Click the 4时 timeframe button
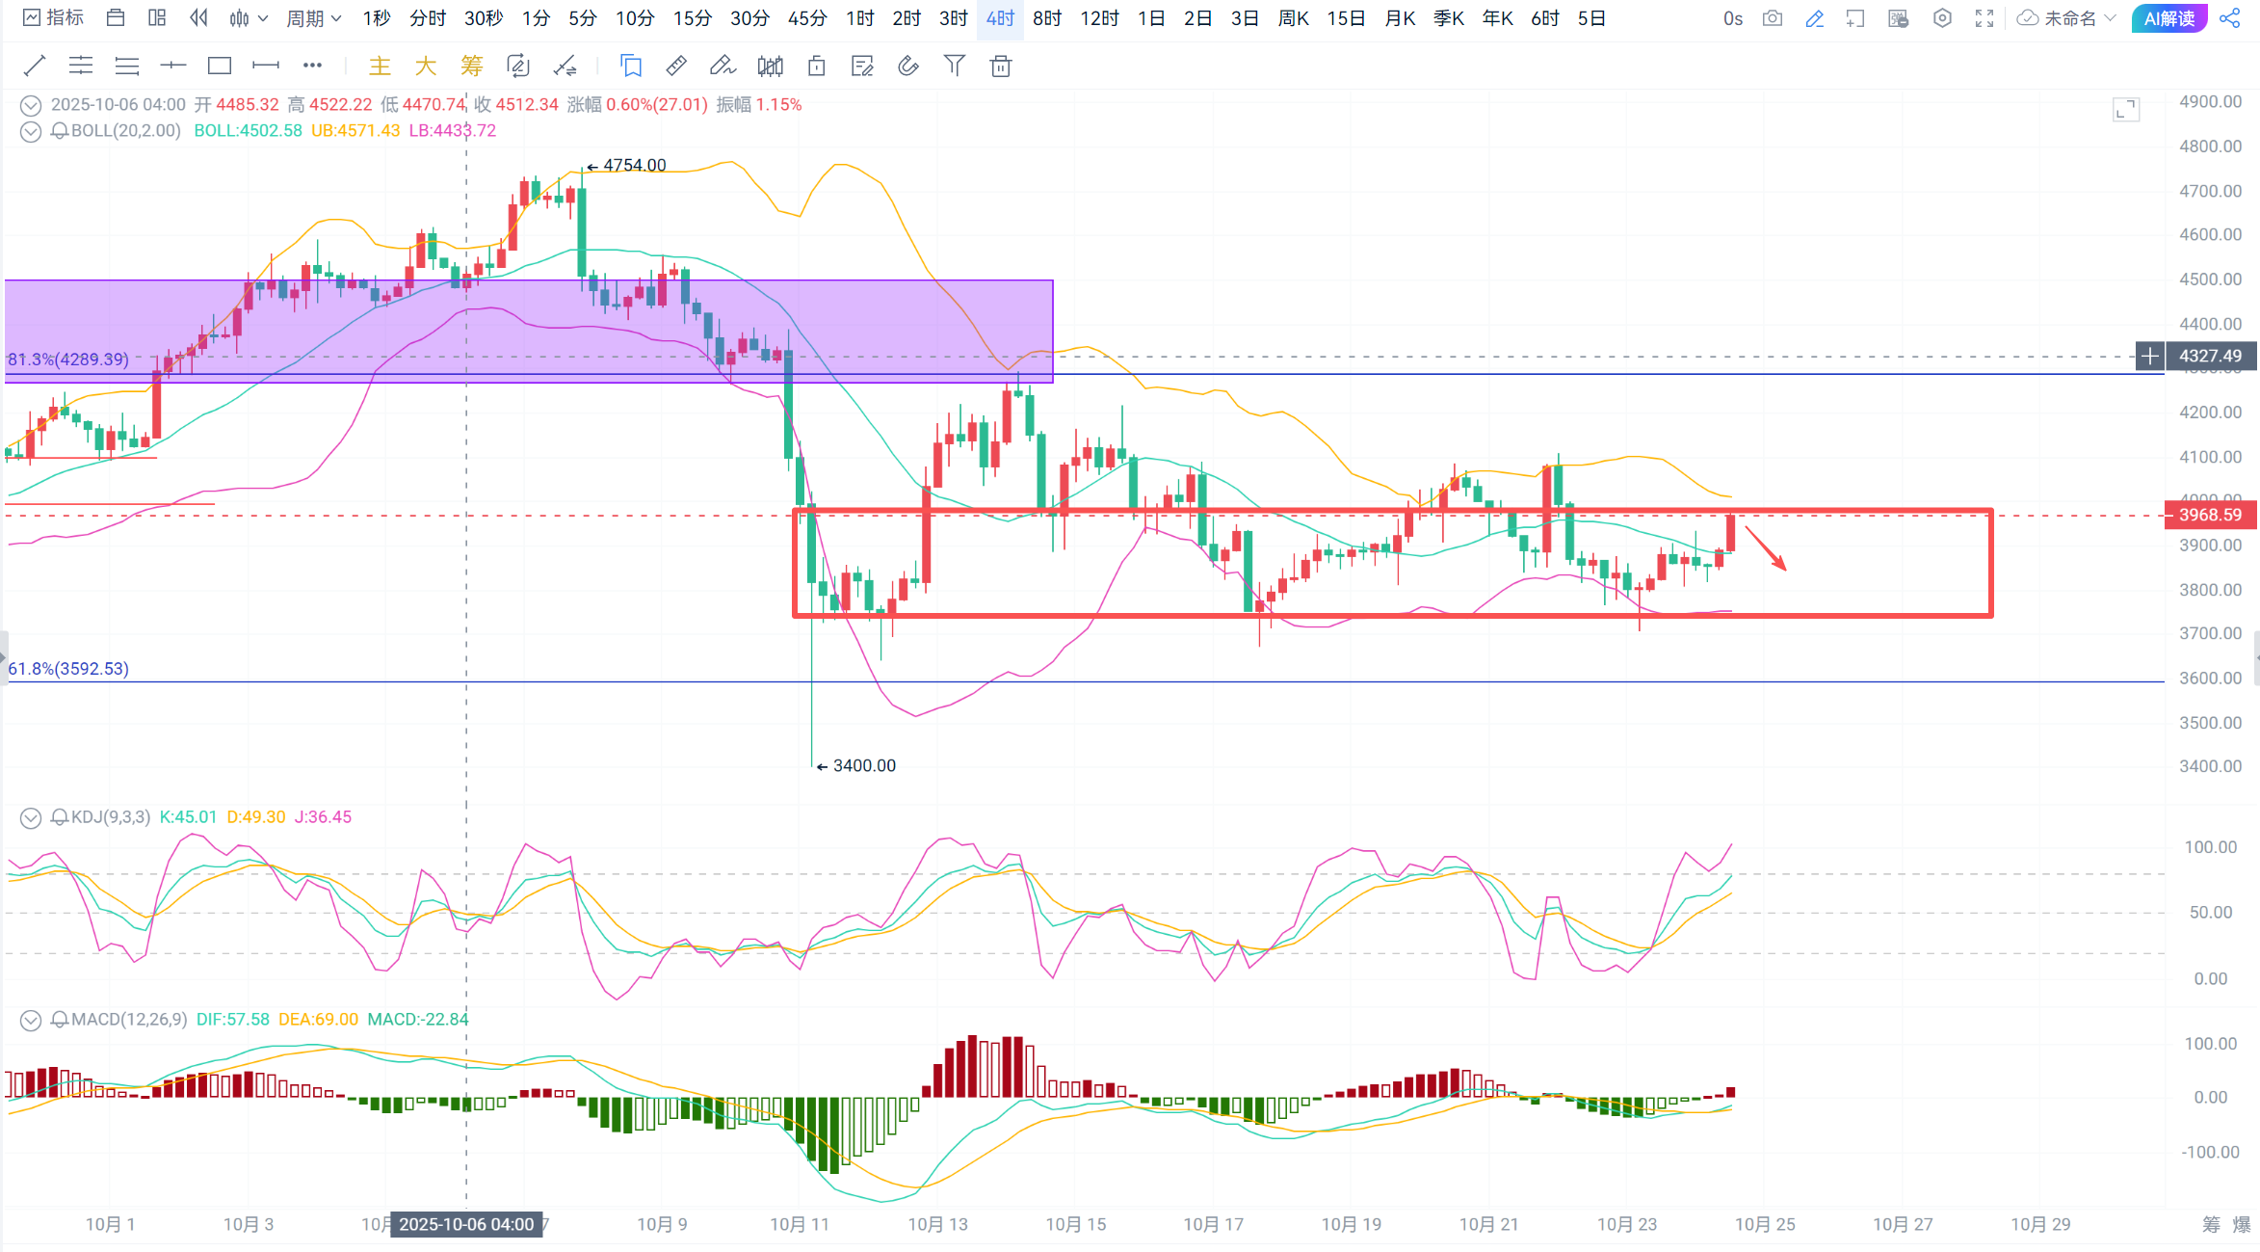tap(1000, 18)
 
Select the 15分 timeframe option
tap(692, 18)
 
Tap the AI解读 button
tap(2168, 18)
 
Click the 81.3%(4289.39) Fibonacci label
tap(68, 360)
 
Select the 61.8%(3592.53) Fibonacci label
tap(68, 669)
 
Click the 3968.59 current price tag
tap(2210, 515)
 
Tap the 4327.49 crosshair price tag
tap(2210, 356)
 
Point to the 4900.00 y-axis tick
tap(2210, 102)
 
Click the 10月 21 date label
tap(1488, 1224)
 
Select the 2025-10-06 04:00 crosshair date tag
tap(466, 1224)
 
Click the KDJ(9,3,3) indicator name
tap(111, 817)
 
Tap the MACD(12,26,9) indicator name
tap(129, 1019)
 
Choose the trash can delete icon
tap(1001, 66)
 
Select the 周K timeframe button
tap(1293, 18)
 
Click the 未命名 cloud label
tap(2069, 18)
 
